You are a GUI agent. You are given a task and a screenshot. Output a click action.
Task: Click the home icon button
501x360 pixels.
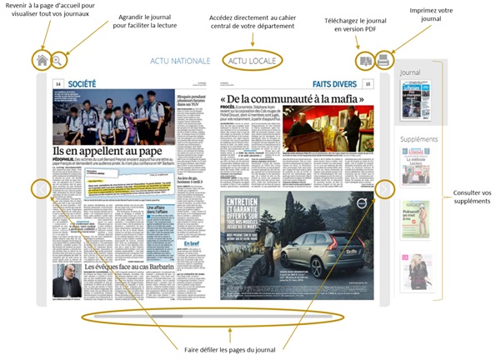[x=42, y=60]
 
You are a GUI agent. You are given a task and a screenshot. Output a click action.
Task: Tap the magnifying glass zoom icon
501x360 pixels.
[x=59, y=60]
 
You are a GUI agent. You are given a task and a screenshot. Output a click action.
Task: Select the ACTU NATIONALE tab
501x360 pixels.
[x=181, y=62]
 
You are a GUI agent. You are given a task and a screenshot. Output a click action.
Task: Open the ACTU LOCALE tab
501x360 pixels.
[x=253, y=62]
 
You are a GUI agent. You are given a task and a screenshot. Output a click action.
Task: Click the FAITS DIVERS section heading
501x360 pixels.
[x=336, y=84]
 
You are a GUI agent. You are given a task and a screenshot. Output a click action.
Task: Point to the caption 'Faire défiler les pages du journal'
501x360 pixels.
[x=225, y=348]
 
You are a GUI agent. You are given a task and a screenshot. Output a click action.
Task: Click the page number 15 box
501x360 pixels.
[x=368, y=84]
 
